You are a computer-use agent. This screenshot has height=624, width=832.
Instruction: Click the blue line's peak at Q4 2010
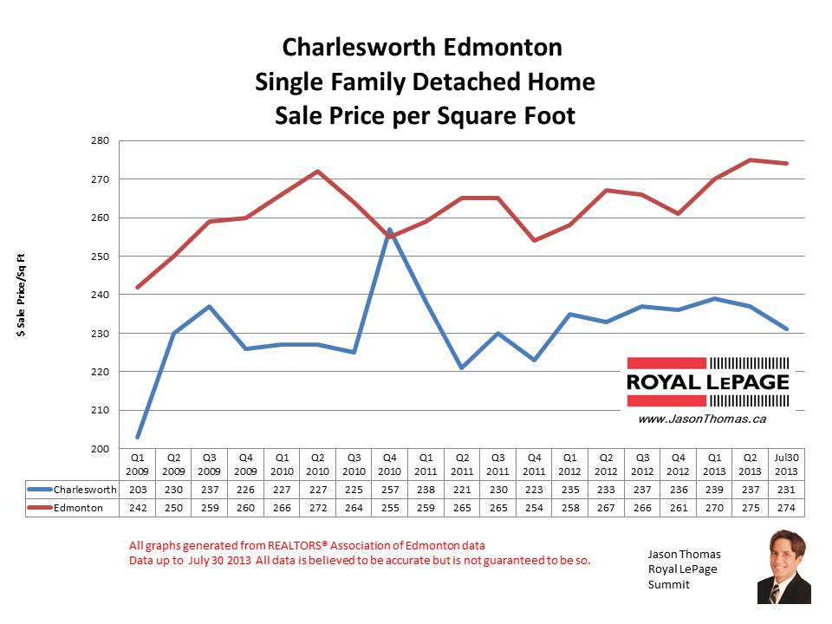[389, 230]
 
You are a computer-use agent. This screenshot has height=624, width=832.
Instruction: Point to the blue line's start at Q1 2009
[138, 437]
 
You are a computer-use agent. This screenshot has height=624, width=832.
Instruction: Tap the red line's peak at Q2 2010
[318, 172]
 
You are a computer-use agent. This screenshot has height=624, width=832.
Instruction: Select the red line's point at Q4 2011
[534, 240]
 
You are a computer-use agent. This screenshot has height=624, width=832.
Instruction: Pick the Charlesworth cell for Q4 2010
[389, 490]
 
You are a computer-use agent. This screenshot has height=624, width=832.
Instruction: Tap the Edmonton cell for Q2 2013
[750, 506]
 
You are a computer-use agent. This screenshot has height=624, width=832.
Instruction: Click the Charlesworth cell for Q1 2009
[138, 490]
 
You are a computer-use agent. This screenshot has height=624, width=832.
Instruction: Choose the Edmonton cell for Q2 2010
[318, 506]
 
